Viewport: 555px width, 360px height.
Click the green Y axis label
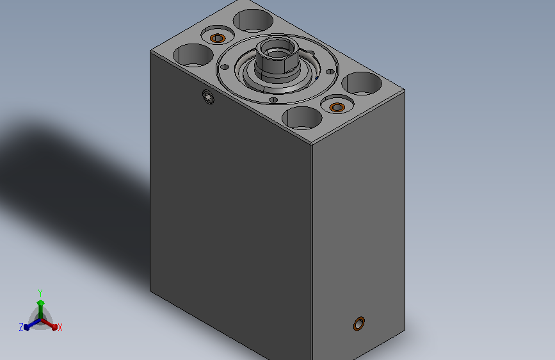click(40, 293)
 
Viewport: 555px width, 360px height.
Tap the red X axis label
click(60, 328)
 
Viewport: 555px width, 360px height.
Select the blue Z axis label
click(21, 327)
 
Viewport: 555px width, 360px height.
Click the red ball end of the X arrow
click(54, 327)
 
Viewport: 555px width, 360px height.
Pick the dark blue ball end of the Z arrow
click(27, 327)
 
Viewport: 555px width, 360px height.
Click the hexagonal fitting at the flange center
click(278, 58)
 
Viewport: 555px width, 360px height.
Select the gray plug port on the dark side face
click(208, 97)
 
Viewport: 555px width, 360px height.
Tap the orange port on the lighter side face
click(359, 324)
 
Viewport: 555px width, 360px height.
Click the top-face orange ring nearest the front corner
click(337, 107)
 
